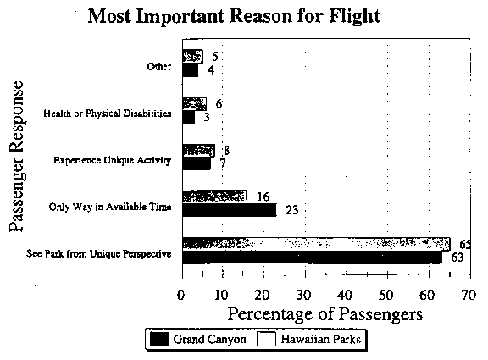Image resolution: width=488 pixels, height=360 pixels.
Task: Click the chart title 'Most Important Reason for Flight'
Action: pyautogui.click(x=234, y=16)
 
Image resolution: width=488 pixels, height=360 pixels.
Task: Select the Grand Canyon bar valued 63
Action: pyautogui.click(x=312, y=258)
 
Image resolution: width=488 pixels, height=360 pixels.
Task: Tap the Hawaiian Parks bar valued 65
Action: pyautogui.click(x=316, y=244)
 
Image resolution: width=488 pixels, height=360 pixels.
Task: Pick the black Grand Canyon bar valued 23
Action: pyautogui.click(x=230, y=210)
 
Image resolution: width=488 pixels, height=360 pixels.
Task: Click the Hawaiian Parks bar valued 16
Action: pyautogui.click(x=214, y=197)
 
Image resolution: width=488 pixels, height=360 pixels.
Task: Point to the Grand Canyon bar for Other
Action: pyautogui.click(x=190, y=70)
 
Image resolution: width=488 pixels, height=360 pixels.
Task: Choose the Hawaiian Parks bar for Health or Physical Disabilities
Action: pyautogui.click(x=195, y=104)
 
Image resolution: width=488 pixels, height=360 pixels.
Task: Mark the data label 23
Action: pyautogui.click(x=292, y=210)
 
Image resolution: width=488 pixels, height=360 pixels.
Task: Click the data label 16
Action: pyautogui.click(x=263, y=197)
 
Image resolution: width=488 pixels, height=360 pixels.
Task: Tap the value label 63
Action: pyautogui.click(x=457, y=258)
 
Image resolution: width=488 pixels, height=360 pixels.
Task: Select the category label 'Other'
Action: pyautogui.click(x=159, y=67)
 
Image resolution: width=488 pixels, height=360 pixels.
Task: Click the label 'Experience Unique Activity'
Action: pyautogui.click(x=113, y=160)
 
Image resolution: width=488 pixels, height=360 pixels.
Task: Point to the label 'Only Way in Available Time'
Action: pyautogui.click(x=110, y=207)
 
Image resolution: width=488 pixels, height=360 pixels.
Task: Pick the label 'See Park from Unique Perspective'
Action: pyautogui.click(x=98, y=254)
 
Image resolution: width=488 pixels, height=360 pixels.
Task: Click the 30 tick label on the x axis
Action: pyautogui.click(x=303, y=295)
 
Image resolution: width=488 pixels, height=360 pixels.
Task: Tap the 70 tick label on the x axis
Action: pyautogui.click(x=469, y=295)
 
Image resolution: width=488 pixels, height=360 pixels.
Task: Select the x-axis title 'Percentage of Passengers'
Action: pyautogui.click(x=325, y=314)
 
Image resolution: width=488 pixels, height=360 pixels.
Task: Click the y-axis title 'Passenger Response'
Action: pyautogui.click(x=16, y=157)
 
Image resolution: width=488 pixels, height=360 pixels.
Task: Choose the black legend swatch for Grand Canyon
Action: pyautogui.click(x=159, y=339)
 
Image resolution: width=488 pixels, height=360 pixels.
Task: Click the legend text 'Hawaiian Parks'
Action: pyautogui.click(x=320, y=339)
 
